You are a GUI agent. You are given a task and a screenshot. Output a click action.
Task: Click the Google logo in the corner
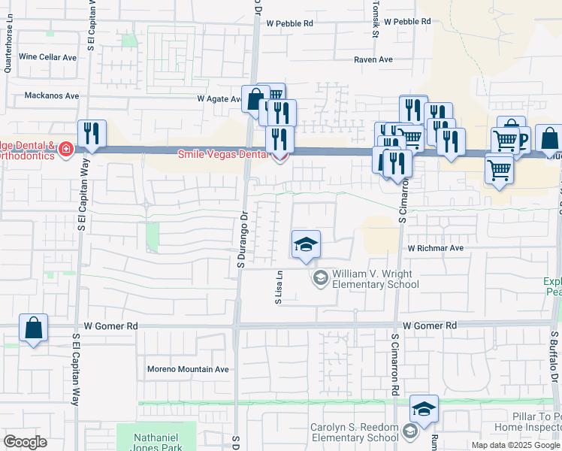coord(26,441)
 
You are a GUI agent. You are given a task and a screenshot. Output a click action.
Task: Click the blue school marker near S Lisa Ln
coord(306,245)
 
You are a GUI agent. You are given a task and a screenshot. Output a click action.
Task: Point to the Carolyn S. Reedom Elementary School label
coord(355,432)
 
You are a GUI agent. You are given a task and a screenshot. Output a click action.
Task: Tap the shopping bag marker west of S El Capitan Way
coord(33,328)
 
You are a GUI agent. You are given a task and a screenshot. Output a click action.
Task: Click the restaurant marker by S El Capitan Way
coord(92,135)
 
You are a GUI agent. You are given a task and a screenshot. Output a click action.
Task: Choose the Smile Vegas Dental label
coord(222,155)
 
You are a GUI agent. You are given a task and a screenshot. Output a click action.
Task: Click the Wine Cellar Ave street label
coord(48,57)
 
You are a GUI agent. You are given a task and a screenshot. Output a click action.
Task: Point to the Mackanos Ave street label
coord(51,96)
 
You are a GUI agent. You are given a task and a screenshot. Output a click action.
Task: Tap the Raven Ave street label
coord(373,59)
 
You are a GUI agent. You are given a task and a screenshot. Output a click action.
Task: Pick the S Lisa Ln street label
coord(278,287)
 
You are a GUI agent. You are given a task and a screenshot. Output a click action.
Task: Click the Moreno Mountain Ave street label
coord(188,369)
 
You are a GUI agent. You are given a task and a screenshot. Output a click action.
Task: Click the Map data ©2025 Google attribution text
coord(516,445)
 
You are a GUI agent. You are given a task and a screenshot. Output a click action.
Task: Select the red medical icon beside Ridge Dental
coord(66,150)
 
